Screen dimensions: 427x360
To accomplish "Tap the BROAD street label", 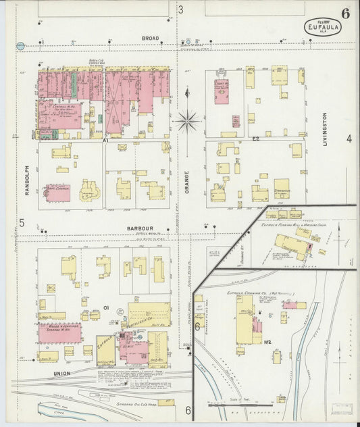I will [x=150, y=38].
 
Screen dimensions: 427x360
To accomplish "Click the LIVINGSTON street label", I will [x=324, y=131].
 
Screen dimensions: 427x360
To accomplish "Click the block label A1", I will [x=105, y=140].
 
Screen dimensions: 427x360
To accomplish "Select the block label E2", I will [x=257, y=138].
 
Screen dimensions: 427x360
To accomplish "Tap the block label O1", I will [x=106, y=307].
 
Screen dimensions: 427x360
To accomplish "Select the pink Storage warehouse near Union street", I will [x=59, y=333].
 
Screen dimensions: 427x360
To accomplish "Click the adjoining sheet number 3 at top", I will [x=180, y=9].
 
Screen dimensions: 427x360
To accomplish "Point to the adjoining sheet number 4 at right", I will [x=349, y=139].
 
